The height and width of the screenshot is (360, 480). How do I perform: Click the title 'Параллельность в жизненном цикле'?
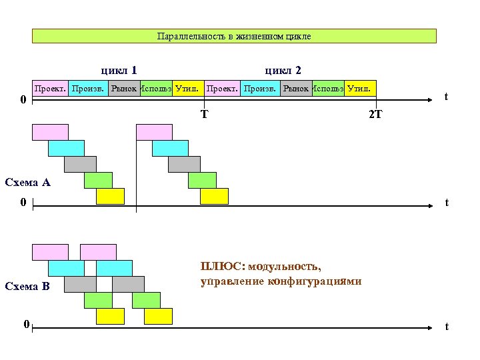point(234,36)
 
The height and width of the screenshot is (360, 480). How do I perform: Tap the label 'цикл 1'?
point(119,70)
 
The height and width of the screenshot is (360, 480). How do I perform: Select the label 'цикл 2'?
point(283,70)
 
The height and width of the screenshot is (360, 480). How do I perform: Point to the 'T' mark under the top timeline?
point(204,113)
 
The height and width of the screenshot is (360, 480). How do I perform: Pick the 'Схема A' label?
point(27,182)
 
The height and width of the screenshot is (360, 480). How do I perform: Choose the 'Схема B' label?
point(27,287)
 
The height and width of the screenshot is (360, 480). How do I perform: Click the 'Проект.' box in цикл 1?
point(50,88)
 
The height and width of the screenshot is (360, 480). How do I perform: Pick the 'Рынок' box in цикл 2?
point(296,88)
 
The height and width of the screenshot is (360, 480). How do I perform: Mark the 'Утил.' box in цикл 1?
point(187,88)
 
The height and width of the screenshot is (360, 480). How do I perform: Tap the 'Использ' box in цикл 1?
point(157,88)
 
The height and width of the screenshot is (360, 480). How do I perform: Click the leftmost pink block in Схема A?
point(50,132)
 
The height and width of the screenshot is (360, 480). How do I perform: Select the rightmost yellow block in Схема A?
point(214,196)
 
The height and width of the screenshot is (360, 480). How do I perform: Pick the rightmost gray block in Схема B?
point(128,284)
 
